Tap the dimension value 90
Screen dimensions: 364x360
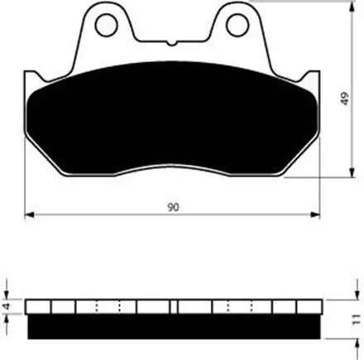click(x=173, y=207)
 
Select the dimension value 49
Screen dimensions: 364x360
click(x=345, y=98)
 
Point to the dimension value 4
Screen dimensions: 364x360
click(x=7, y=306)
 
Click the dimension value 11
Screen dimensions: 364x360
click(x=357, y=319)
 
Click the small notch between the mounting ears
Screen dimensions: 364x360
click(x=171, y=43)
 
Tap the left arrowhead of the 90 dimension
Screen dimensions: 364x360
click(x=29, y=214)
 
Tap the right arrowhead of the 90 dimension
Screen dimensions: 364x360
click(x=315, y=214)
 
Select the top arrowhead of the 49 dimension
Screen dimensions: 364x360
click(x=352, y=6)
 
